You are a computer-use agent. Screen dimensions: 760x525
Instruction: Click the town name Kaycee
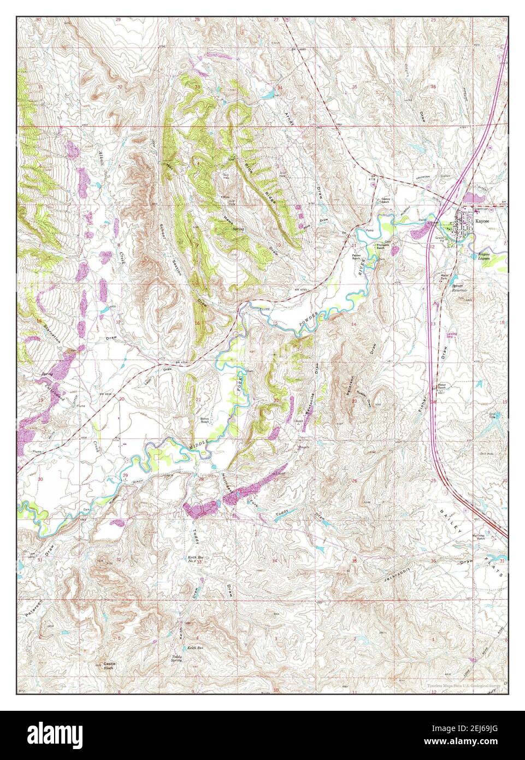482,221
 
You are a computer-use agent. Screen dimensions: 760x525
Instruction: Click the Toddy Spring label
176,658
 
